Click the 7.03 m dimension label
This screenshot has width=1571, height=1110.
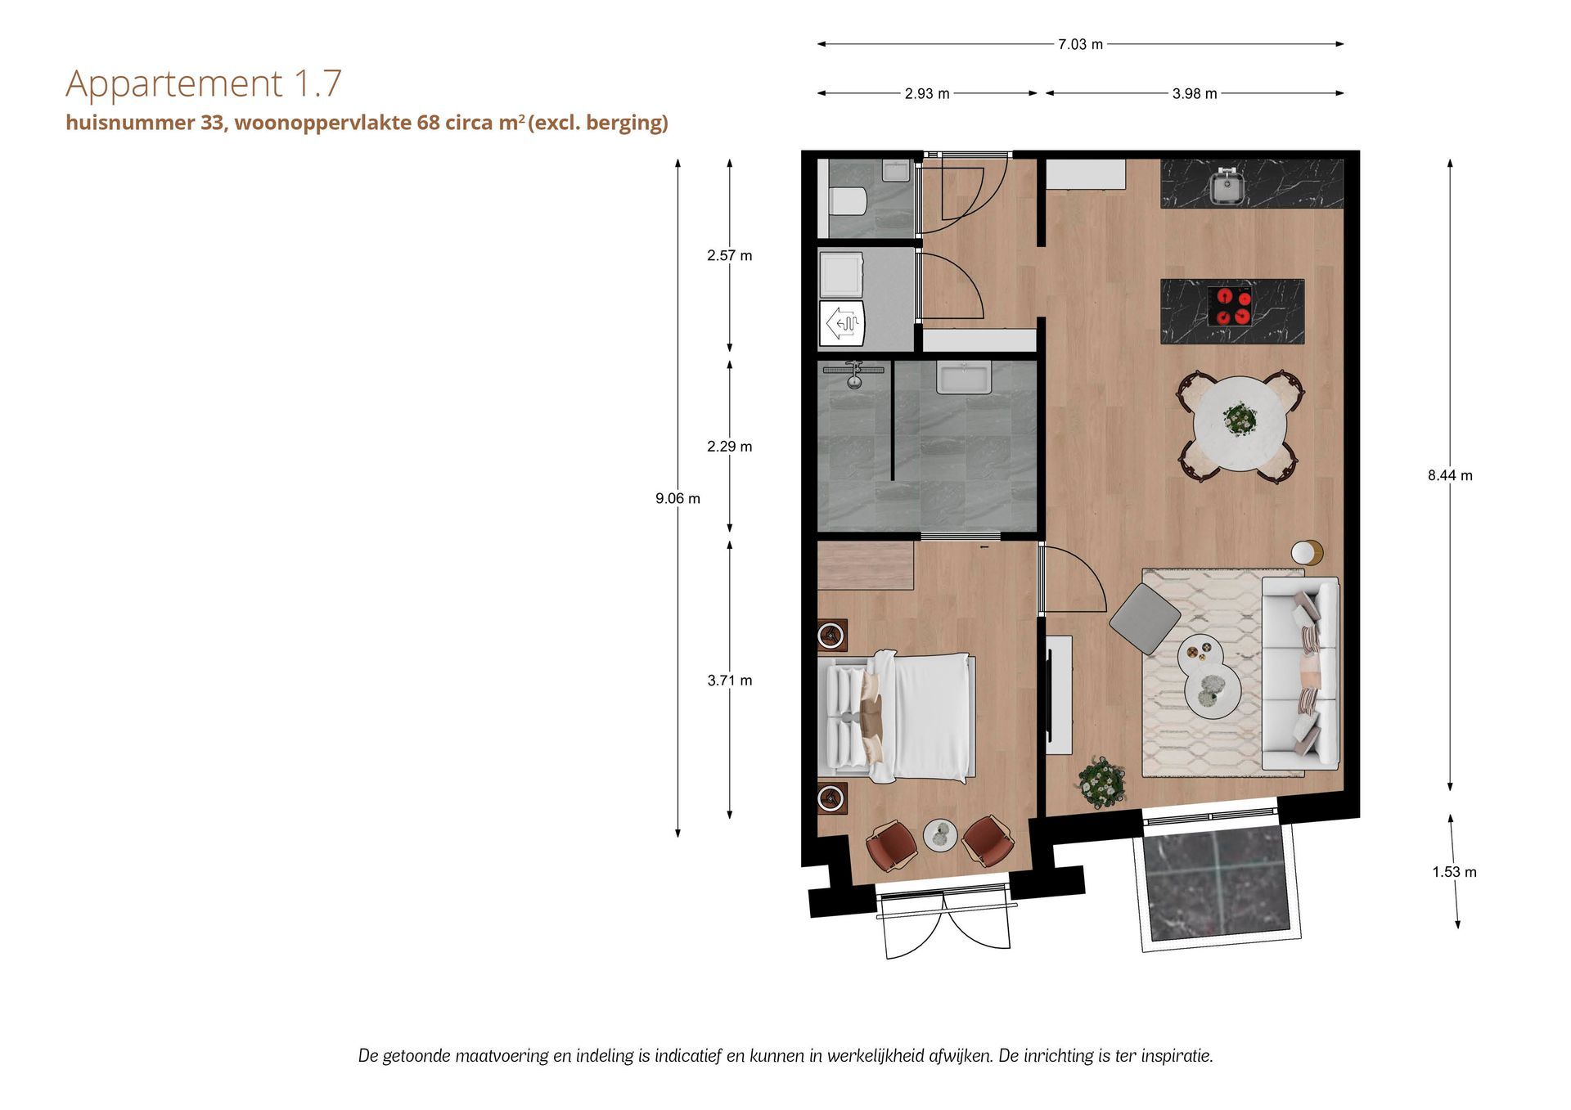1080,44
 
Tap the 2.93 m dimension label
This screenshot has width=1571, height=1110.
927,94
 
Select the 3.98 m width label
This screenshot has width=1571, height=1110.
1195,94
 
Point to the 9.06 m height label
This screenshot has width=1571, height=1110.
677,498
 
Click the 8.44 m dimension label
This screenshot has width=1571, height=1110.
1450,475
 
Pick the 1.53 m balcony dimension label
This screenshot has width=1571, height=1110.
1454,872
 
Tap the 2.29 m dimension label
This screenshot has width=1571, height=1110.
729,447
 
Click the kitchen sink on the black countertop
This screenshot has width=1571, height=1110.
1227,186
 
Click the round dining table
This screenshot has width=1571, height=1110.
1240,424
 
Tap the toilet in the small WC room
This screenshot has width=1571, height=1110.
847,201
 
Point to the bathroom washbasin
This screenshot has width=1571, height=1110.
964,377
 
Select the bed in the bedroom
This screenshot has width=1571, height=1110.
896,716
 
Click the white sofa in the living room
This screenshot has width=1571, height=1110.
1300,672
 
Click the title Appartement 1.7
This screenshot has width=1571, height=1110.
204,83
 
